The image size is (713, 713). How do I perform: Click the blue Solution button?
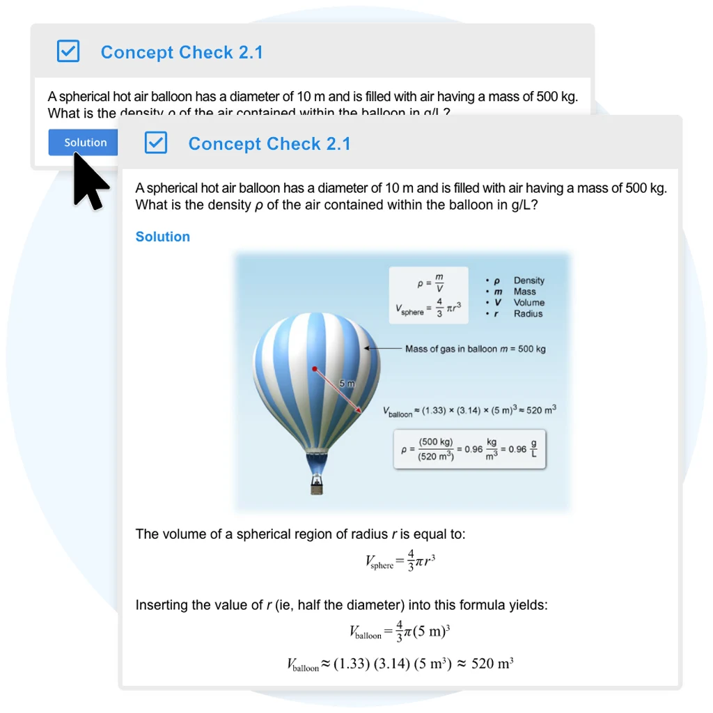tap(85, 143)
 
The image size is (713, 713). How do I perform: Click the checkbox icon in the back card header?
tap(68, 51)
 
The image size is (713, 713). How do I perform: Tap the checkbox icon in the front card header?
tap(156, 143)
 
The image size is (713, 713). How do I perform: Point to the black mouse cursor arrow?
tap(88, 180)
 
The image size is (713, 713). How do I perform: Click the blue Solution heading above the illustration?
tap(162, 237)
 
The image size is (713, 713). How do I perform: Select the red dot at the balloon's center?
tap(315, 368)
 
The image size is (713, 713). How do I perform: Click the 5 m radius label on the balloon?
tap(347, 384)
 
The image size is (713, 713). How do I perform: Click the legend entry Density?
tap(528, 281)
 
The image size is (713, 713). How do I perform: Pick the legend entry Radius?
tap(528, 313)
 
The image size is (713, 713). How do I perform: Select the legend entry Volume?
tap(528, 303)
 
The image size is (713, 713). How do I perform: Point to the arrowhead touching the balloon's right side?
tap(368, 348)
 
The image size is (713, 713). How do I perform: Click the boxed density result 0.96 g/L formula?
tap(469, 449)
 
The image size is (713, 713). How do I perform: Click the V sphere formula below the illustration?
tap(400, 561)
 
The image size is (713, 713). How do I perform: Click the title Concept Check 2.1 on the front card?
tap(269, 144)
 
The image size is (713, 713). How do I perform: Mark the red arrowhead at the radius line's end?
tap(359, 411)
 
